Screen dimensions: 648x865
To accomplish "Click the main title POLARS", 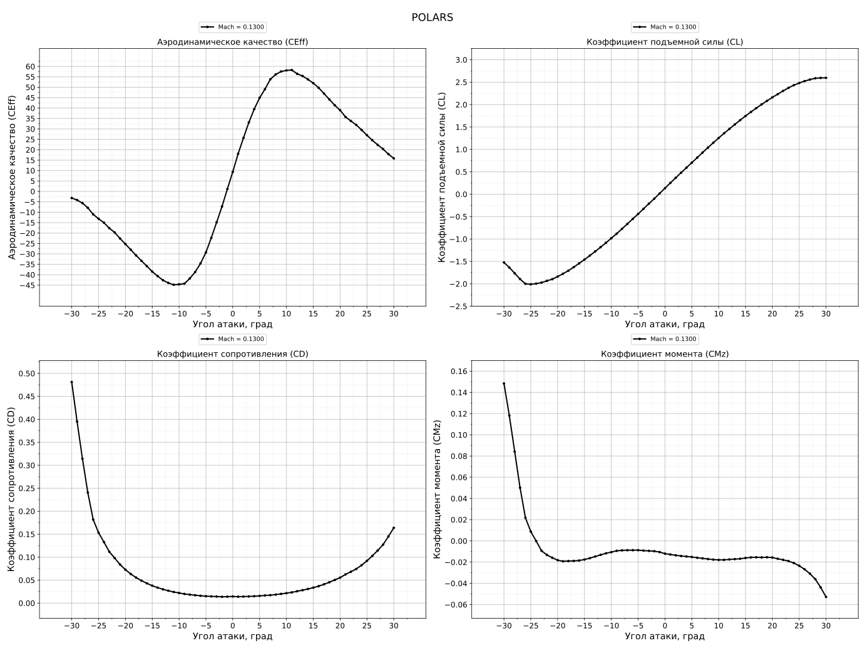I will [432, 18].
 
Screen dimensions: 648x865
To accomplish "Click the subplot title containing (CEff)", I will [232, 42].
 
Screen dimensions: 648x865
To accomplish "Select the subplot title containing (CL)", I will [665, 42].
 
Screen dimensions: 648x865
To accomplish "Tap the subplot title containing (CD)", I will [232, 354].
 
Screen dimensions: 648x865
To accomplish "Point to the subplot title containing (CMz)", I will [665, 354].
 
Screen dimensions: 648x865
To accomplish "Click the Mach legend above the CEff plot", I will [232, 27].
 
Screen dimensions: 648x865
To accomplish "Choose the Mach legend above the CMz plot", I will [665, 339].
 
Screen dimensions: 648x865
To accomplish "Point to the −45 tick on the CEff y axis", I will [28, 285].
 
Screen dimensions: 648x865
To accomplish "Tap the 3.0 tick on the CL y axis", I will [461, 59].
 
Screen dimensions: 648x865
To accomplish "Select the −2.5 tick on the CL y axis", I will [459, 306].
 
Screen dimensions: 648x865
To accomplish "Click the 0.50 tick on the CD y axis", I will [28, 373].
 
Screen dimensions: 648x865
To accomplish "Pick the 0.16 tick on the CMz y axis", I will [459, 371].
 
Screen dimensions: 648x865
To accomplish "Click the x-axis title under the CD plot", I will [232, 636].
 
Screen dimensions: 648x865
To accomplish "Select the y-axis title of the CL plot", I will [442, 177].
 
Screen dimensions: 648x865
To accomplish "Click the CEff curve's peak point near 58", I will [291, 70].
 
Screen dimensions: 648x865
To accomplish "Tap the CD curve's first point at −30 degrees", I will [71, 382].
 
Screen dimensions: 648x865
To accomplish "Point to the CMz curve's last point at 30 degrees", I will [826, 597].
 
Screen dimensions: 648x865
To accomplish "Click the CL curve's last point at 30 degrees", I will [826, 78].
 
